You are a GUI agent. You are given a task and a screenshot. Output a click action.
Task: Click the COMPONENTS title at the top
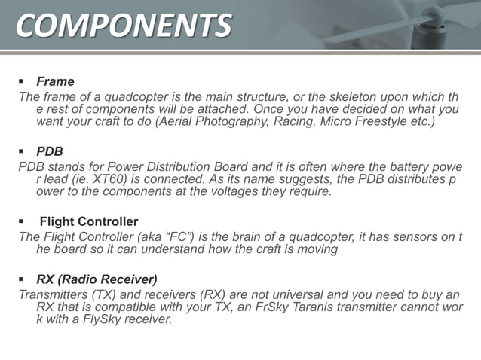124,25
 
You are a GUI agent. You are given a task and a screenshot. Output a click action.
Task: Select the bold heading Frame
55,81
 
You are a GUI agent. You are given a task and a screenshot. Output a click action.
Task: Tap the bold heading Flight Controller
88,221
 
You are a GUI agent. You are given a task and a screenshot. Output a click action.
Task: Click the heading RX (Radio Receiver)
97,279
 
